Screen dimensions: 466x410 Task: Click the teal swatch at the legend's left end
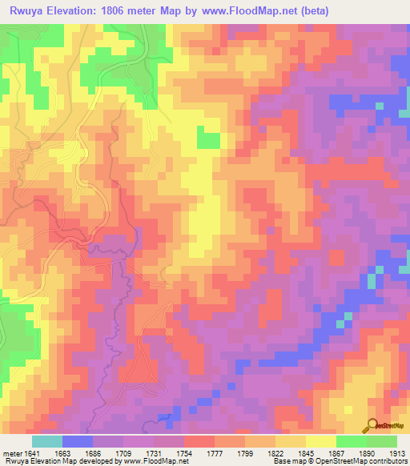point(46,441)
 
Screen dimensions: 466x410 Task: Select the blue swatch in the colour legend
point(77,441)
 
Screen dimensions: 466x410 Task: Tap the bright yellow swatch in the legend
point(320,441)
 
